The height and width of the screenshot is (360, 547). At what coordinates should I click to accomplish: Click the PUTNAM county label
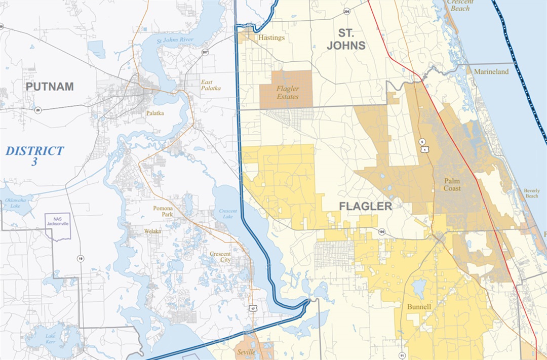pos(50,87)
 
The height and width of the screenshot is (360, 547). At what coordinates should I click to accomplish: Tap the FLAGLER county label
pos(365,207)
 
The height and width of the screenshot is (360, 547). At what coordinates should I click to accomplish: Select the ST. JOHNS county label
pos(346,39)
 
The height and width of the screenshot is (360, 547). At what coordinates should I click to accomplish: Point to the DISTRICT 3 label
pos(35,156)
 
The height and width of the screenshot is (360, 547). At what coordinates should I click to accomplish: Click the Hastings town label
pos(271,37)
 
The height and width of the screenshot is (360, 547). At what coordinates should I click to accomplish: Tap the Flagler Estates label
pos(288,93)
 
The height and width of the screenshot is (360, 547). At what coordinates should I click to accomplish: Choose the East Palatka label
pos(211,85)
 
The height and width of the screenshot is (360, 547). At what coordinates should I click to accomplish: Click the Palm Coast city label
pos(452,184)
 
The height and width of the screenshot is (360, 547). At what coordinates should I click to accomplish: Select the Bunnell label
pos(419,307)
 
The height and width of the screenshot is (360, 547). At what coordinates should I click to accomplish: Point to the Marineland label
pos(491,72)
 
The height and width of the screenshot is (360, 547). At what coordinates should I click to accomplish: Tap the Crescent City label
pos(220,257)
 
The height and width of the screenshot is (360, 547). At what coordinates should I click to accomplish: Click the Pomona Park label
pos(163,211)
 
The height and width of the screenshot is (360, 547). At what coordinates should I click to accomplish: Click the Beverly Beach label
pos(531,193)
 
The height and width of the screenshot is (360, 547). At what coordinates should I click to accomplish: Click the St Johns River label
pos(175,40)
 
